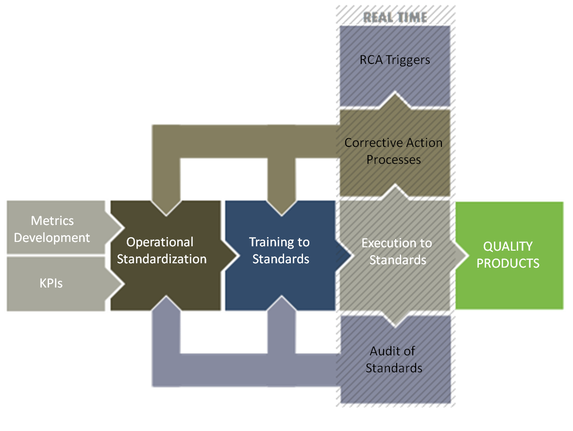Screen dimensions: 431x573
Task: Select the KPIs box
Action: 52,283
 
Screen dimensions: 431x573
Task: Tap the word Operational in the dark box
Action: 160,242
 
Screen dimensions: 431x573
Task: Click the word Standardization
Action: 162,259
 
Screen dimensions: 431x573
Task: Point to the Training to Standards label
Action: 280,251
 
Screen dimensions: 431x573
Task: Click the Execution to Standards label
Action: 397,252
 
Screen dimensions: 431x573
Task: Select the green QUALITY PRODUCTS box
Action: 508,255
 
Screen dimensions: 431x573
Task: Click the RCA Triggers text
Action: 395,60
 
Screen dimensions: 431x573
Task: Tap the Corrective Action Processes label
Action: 394,151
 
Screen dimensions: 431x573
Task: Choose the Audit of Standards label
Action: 393,359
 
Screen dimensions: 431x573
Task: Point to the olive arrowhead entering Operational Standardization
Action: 166,206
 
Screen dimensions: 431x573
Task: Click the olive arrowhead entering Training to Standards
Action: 281,206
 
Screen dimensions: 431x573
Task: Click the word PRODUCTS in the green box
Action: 508,263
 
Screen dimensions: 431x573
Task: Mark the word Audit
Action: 386,351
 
